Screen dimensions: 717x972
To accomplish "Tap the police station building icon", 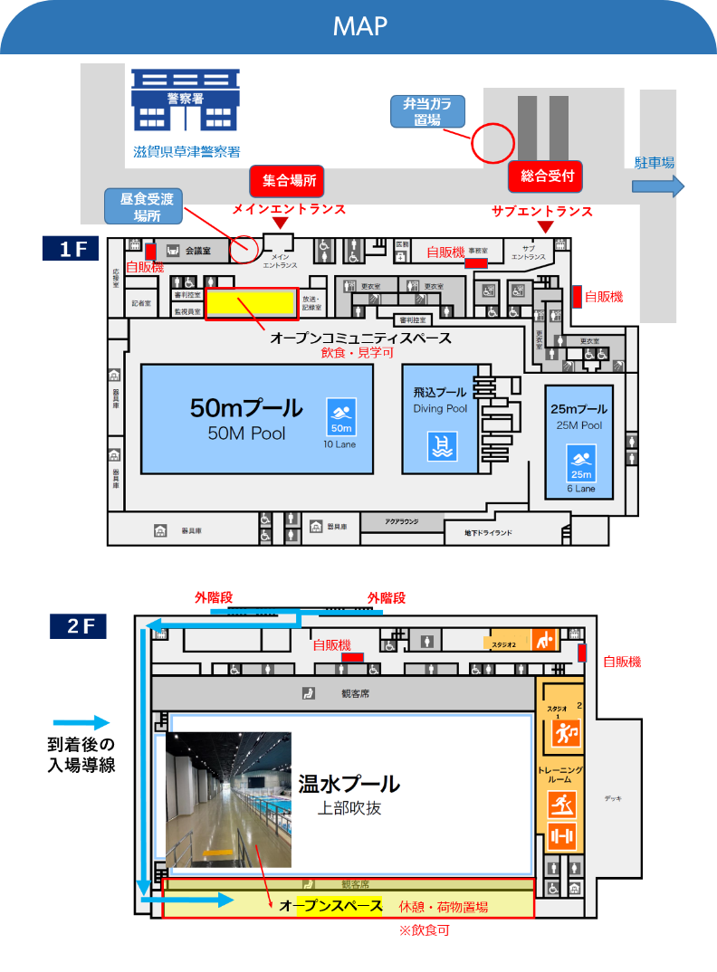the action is click(186, 100).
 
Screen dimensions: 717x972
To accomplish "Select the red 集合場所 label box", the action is click(289, 180).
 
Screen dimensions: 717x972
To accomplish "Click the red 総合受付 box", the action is click(547, 176).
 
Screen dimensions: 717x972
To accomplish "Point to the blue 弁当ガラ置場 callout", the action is click(426, 110).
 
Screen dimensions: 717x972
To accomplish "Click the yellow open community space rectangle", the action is click(252, 304).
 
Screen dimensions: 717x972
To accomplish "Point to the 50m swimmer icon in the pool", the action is click(341, 416).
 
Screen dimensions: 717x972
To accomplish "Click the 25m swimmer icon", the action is click(580, 463).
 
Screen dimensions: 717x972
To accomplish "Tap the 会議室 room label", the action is click(197, 250).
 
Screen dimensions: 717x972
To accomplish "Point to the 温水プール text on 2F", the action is click(349, 783).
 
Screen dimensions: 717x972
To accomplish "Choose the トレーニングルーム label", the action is click(560, 775).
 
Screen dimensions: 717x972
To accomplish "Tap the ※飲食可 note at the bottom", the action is click(424, 929).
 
